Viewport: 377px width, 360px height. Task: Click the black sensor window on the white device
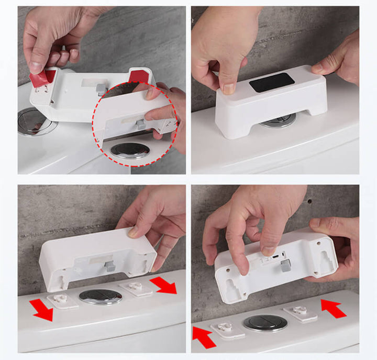click(271, 82)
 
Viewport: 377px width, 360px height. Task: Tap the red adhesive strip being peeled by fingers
click(41, 77)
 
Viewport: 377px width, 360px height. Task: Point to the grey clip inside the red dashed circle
click(140, 124)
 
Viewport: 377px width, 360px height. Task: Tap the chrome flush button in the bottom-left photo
click(101, 297)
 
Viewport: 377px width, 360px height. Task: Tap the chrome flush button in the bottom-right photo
click(264, 323)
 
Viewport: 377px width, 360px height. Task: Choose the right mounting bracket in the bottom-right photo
click(301, 313)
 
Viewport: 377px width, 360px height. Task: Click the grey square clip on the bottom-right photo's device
click(286, 265)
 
